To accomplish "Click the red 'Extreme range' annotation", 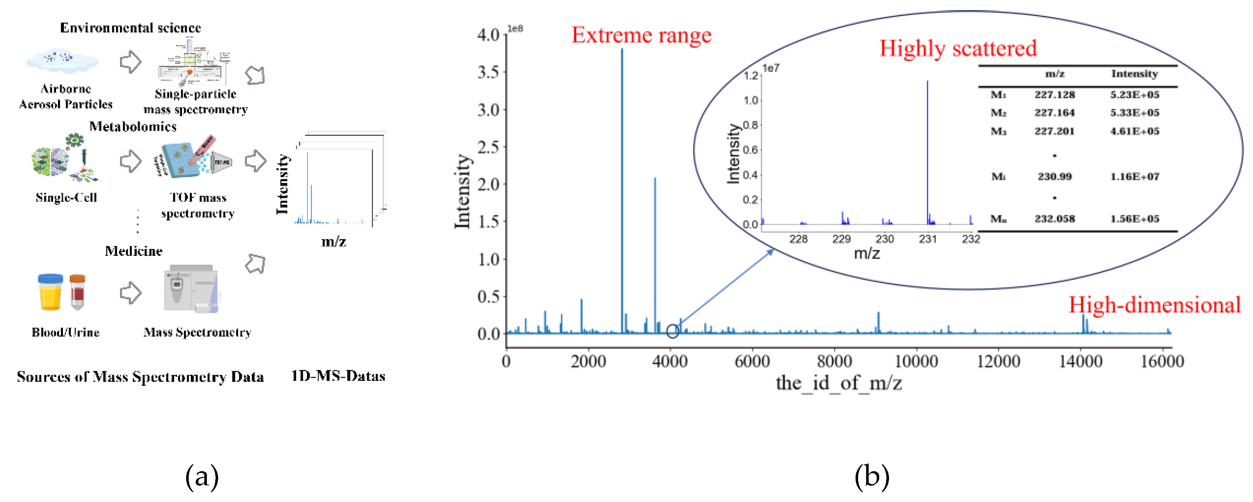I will pyautogui.click(x=641, y=35).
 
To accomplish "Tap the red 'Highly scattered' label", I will pyautogui.click(x=958, y=48).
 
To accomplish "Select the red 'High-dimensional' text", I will pyautogui.click(x=1154, y=305).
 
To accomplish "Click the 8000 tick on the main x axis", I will pyautogui.click(x=834, y=361).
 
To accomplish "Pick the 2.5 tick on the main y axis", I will pyautogui.click(x=488, y=147).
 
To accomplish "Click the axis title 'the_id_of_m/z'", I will pyautogui.click(x=838, y=383).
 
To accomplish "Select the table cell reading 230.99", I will pyautogui.click(x=1054, y=177).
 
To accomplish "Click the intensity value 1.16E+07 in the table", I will pyautogui.click(x=1134, y=177).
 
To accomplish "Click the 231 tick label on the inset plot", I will pyautogui.click(x=928, y=239).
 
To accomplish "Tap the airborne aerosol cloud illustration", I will pyautogui.click(x=62, y=60).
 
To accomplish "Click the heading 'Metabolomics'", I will pyautogui.click(x=133, y=126).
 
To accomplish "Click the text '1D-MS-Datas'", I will pyautogui.click(x=338, y=376).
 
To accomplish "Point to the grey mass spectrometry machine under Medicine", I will pyautogui.click(x=192, y=289).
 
